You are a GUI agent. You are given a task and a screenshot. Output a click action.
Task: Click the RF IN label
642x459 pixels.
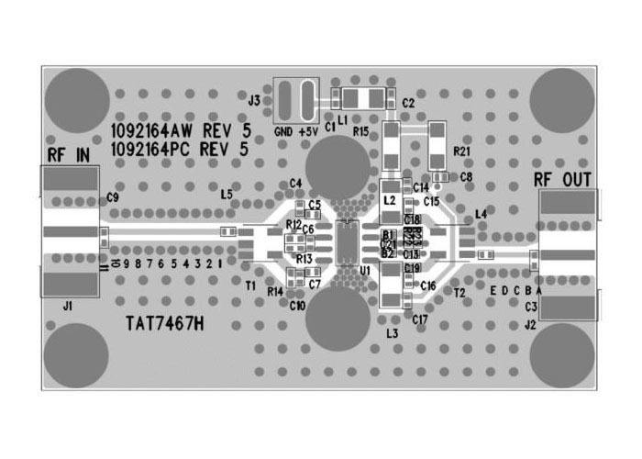[68, 154]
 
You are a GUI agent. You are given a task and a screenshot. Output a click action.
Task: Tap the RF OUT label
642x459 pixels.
[562, 178]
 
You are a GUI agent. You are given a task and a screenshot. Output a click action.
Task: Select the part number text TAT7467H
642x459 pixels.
[164, 324]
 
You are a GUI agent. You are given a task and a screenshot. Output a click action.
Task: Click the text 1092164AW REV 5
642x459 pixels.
[179, 130]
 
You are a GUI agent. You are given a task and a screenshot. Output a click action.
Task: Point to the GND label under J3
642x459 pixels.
[283, 132]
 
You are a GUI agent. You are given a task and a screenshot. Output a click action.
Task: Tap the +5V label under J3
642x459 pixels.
[307, 132]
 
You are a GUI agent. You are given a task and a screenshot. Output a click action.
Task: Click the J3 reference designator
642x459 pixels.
[254, 99]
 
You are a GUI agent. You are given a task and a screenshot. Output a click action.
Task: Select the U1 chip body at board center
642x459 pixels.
[348, 242]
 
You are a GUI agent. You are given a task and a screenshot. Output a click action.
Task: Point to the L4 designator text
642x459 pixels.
[481, 215]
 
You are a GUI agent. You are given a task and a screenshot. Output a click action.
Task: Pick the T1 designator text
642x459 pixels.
[250, 285]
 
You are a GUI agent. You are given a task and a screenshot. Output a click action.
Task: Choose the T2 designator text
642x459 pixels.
[459, 292]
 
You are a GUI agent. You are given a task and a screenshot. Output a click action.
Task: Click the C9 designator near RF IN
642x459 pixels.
[113, 197]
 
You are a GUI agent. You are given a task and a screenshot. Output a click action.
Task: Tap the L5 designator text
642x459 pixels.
[227, 194]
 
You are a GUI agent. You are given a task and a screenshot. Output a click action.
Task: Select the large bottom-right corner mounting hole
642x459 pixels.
[563, 356]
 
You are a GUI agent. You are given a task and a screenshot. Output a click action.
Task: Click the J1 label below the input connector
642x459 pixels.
[67, 305]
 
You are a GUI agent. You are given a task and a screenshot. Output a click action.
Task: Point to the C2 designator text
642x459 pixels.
[408, 103]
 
